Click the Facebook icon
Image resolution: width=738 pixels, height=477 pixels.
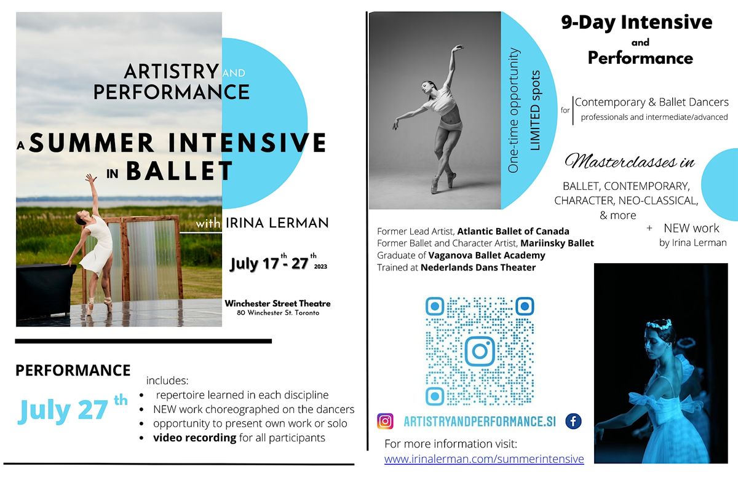(573, 422)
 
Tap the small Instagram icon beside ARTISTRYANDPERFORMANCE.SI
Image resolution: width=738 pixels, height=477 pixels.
(386, 422)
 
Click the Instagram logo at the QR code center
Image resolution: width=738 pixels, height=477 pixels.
(479, 351)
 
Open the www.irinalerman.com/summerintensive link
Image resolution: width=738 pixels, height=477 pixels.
(483, 459)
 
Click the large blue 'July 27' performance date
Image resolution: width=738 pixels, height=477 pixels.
(64, 411)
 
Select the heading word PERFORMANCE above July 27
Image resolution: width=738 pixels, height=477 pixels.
(73, 371)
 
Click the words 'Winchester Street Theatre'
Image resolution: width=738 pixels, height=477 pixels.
(277, 304)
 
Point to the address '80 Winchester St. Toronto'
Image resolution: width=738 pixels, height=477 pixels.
(277, 313)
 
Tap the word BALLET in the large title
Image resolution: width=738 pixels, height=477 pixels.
(180, 171)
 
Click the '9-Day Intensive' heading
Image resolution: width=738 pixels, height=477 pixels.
(637, 22)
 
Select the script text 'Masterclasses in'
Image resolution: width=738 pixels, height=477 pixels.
(630, 162)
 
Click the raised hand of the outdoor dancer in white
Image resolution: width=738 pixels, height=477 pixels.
(91, 178)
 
